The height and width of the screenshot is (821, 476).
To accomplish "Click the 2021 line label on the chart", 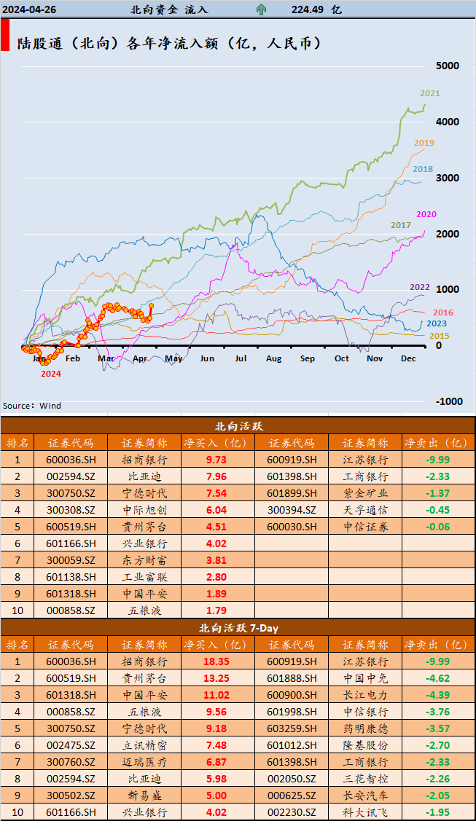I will click(430, 93).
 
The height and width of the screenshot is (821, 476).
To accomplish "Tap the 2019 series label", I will click(424, 143).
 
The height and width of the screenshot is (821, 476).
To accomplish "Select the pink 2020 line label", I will click(426, 213).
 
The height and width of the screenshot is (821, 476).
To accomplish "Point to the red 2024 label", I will click(50, 373).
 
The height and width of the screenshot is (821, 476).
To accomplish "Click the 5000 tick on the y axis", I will click(447, 66).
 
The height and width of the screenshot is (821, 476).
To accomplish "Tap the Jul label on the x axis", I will click(241, 358).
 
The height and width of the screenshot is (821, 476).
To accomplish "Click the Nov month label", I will click(375, 358).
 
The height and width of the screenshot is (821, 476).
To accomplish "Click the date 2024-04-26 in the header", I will click(29, 9).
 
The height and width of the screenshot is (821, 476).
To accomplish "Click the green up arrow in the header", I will click(261, 9).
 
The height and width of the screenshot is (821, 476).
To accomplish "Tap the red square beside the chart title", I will click(5, 36).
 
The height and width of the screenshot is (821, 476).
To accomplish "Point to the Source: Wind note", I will click(32, 406).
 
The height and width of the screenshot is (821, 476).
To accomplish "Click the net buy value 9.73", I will click(216, 460).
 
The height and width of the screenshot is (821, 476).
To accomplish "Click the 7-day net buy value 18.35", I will click(216, 661).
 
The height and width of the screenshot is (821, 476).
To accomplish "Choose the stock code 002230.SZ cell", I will click(292, 812).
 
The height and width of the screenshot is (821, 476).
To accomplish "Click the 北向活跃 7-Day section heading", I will click(238, 627).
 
